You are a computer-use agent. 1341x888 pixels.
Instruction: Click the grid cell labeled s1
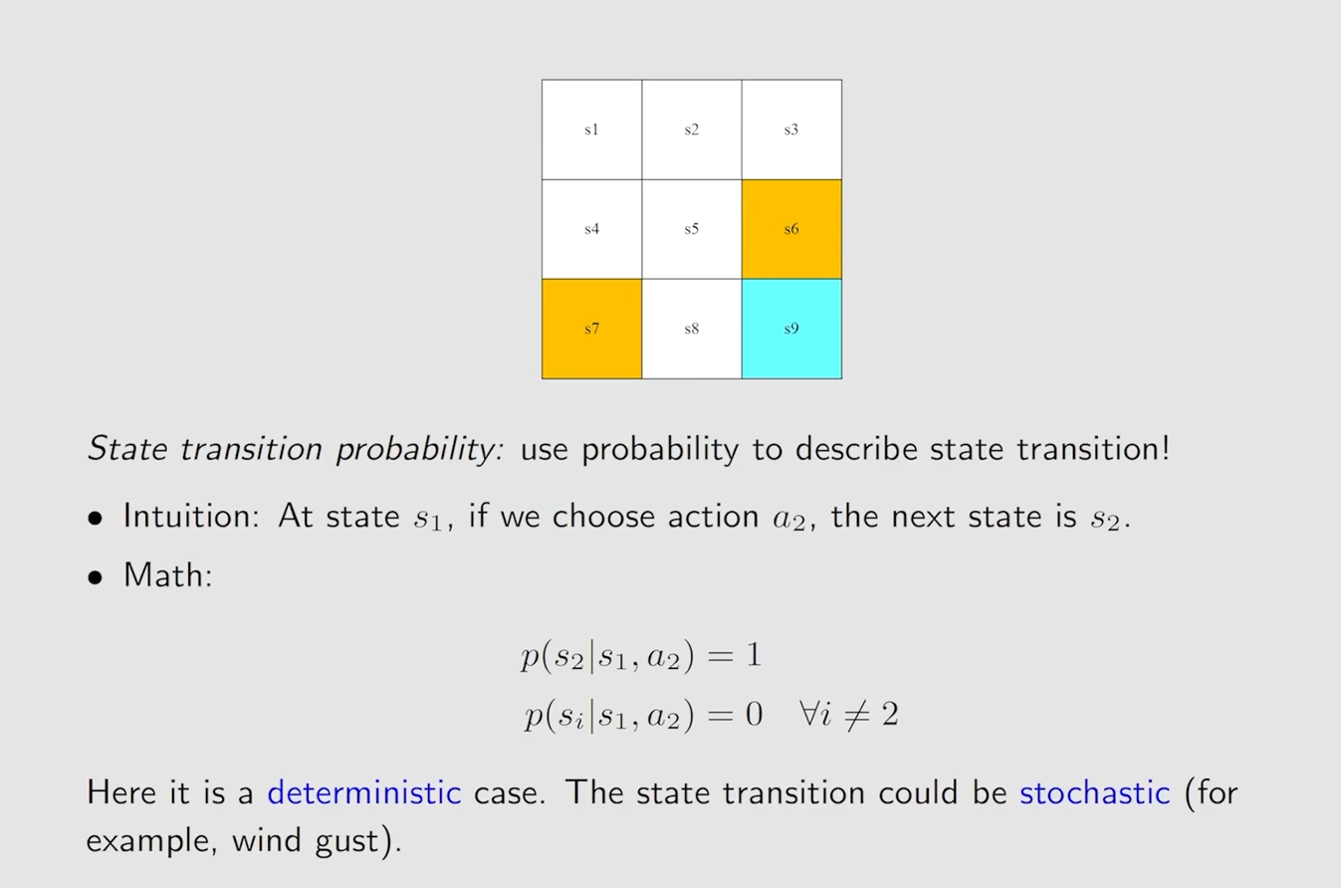pyautogui.click(x=591, y=129)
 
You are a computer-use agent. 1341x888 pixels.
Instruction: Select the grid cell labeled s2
pyautogui.click(x=692, y=129)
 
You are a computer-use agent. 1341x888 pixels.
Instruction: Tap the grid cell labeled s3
pyautogui.click(x=791, y=129)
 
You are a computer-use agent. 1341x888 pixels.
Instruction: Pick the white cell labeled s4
pyautogui.click(x=591, y=229)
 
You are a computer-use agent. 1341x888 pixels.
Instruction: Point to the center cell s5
pyautogui.click(x=692, y=229)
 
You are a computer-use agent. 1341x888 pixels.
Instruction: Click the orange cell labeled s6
pyautogui.click(x=791, y=229)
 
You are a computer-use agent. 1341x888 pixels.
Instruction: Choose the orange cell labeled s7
pyautogui.click(x=591, y=329)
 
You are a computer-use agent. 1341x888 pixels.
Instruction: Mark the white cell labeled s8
pyautogui.click(x=692, y=329)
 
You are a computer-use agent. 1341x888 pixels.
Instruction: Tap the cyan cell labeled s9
pyautogui.click(x=791, y=329)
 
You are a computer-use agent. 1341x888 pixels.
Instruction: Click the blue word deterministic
pyautogui.click(x=364, y=792)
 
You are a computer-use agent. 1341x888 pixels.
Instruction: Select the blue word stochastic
pyautogui.click(x=1095, y=792)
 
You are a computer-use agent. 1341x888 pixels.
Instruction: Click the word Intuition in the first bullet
pyautogui.click(x=191, y=516)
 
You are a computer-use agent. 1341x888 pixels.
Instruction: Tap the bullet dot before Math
pyautogui.click(x=96, y=577)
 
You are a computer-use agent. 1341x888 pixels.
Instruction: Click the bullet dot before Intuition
pyautogui.click(x=96, y=518)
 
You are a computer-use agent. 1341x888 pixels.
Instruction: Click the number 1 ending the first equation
pyautogui.click(x=754, y=654)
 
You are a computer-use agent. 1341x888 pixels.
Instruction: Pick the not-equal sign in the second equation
pyautogui.click(x=856, y=715)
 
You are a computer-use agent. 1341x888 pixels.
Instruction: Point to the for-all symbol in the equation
pyautogui.click(x=810, y=713)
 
